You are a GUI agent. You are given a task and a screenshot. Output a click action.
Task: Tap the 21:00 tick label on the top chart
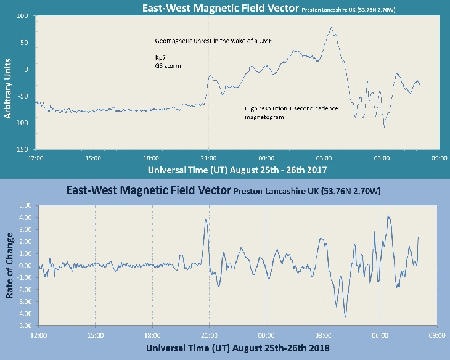pos(208,158)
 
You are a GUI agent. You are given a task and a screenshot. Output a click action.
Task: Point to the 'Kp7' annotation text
pos(160,55)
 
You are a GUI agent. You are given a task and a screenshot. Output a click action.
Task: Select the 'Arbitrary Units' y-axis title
pos(8,83)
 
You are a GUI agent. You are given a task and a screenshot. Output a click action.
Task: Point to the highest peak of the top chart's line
pos(332,27)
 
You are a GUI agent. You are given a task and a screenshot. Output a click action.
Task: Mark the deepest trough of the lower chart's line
pos(345,317)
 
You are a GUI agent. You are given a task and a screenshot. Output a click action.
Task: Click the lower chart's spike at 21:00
pos(206,220)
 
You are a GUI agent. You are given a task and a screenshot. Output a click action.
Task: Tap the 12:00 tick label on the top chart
pos(36,158)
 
